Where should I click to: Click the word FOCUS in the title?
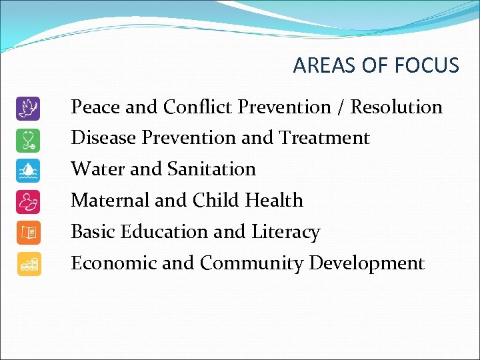point(427,65)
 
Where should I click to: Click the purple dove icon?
point(29,108)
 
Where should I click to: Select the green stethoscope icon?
point(29,139)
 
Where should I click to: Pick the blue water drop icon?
point(29,171)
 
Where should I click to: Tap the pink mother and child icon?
point(29,201)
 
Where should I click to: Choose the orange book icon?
point(29,233)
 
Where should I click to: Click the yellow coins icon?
point(29,264)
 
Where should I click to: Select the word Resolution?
point(397,107)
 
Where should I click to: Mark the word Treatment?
point(325,138)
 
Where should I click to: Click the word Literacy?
point(286,232)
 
